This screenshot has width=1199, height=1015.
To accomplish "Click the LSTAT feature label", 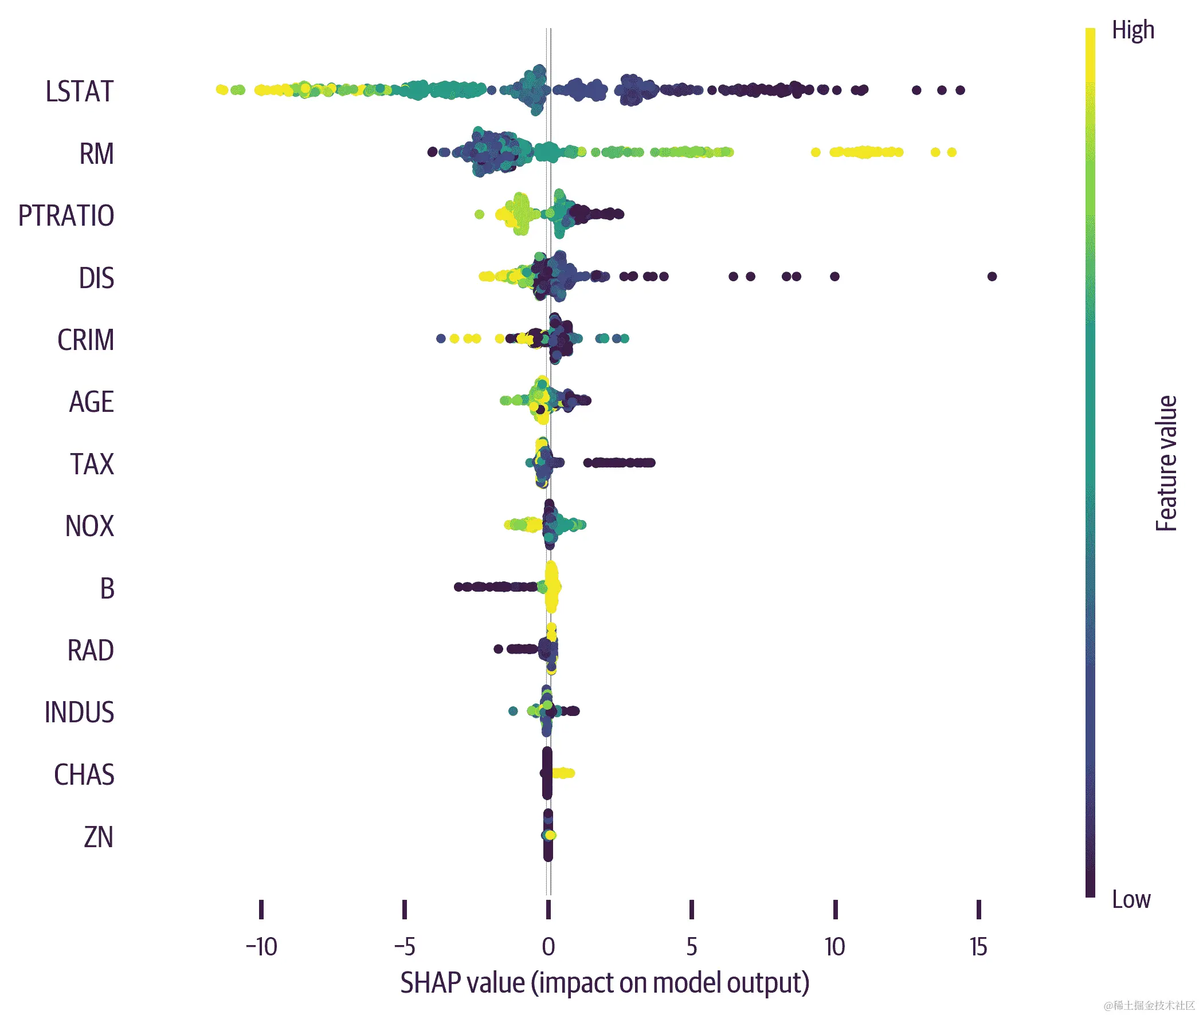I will [x=80, y=92].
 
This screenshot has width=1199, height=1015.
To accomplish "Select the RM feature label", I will [x=96, y=154].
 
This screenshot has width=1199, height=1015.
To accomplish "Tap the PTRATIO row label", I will [x=66, y=216].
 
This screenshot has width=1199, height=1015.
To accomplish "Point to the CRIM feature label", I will [x=85, y=340].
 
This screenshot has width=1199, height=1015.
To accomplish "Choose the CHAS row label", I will [x=84, y=774].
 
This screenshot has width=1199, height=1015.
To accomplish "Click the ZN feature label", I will [x=99, y=837].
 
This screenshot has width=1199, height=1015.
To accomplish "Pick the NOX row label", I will [x=89, y=526].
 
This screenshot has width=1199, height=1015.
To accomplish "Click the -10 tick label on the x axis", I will [x=261, y=946].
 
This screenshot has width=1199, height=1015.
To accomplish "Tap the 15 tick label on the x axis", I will [x=978, y=946].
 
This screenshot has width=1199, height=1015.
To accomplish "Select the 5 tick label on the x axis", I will [x=691, y=946].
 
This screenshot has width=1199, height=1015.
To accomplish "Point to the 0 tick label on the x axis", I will [x=548, y=946].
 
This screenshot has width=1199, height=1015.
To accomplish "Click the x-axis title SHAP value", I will [x=605, y=983].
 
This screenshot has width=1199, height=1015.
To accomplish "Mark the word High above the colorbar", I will [x=1132, y=30].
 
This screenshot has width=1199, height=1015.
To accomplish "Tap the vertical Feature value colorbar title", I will [x=1166, y=463].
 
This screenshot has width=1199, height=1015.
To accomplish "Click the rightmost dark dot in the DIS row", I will [x=992, y=276].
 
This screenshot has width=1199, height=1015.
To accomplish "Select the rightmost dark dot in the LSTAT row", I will [x=960, y=90].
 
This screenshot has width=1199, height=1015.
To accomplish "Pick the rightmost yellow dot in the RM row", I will [x=951, y=152].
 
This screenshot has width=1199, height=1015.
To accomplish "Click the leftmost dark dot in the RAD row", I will [x=499, y=649].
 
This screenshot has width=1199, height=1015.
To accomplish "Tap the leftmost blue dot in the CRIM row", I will [x=441, y=339].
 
